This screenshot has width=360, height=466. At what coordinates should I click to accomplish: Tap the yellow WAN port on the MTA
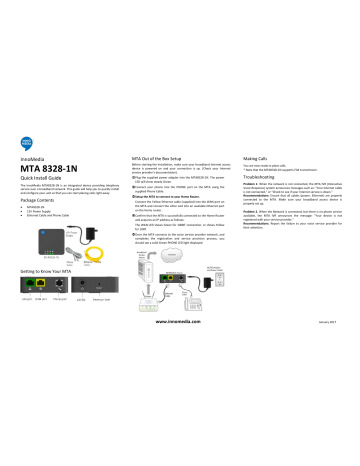42,312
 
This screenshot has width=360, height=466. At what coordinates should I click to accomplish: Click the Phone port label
62,326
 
